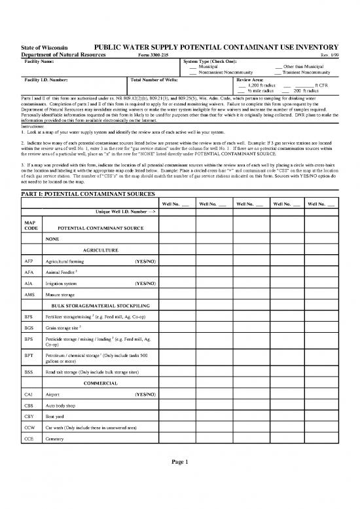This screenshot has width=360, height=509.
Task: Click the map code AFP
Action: [29, 261]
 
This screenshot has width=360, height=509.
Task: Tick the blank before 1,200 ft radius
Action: [242, 85]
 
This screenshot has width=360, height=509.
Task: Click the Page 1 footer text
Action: [180, 480]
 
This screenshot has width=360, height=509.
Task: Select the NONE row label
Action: [52, 239]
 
